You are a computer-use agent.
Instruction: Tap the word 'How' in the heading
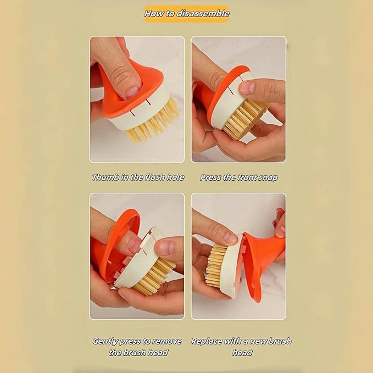pos(154,14)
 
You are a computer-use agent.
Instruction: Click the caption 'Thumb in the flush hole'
pos(138,177)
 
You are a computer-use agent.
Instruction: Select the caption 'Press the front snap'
pos(239,177)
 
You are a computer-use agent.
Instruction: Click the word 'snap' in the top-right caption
pos(268,177)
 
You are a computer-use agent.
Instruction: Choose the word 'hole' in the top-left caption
pos(174,177)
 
